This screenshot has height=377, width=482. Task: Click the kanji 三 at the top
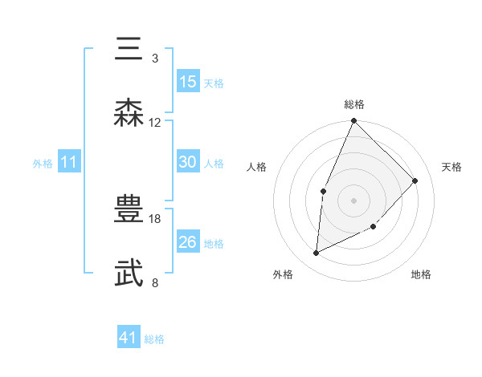click(x=129, y=49)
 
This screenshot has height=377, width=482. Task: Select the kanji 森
click(x=129, y=113)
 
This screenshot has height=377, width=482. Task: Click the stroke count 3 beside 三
click(x=155, y=59)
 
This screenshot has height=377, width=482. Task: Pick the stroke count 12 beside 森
click(x=155, y=123)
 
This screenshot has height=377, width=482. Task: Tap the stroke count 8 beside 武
click(x=155, y=282)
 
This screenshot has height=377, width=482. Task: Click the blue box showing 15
click(x=188, y=82)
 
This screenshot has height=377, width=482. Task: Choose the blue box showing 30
click(x=188, y=162)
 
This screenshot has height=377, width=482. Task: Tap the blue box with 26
click(x=188, y=242)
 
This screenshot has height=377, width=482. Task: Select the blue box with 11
click(x=69, y=163)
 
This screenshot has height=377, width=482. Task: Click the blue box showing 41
click(x=129, y=338)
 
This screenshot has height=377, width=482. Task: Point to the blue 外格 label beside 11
click(x=43, y=164)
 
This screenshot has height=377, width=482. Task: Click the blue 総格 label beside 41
click(x=154, y=339)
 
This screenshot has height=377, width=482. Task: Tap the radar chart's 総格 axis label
click(x=354, y=104)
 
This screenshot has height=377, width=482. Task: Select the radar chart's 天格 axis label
click(x=451, y=167)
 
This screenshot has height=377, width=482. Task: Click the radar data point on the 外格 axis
click(x=317, y=253)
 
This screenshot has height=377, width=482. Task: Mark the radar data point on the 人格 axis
click(x=323, y=191)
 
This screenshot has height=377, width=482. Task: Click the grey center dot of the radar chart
click(x=353, y=200)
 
